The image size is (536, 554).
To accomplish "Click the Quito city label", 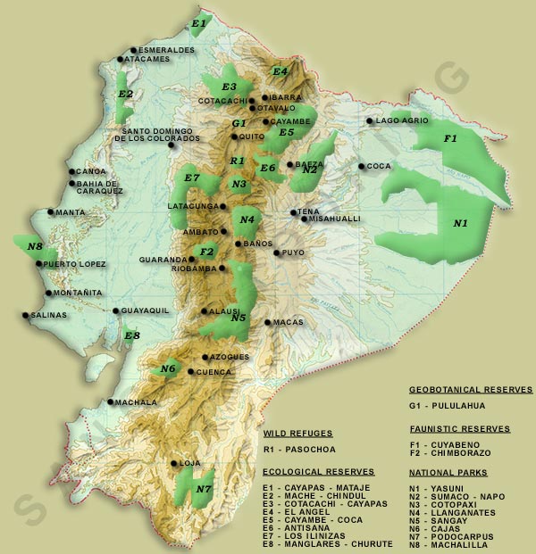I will click(252, 136).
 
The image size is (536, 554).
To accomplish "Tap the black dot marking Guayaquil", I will click(116, 310).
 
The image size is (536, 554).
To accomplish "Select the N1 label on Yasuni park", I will click(461, 223).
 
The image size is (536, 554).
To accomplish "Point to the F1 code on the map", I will click(450, 138).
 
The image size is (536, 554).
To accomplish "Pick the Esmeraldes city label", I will click(167, 51).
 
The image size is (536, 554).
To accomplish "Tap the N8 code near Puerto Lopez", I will click(35, 246).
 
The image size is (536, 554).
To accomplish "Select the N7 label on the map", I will click(204, 489).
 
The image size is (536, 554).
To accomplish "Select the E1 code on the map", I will click(198, 22).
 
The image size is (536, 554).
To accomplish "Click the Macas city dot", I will click(268, 322).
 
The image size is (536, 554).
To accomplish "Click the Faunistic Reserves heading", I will click(459, 429).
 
